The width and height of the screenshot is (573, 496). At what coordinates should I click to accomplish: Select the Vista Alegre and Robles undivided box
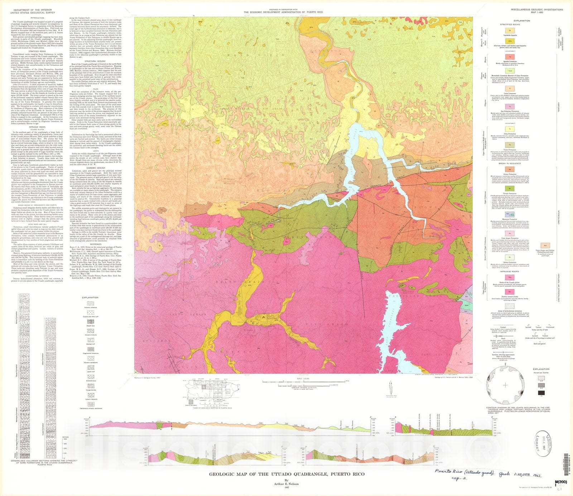point(545,245)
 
